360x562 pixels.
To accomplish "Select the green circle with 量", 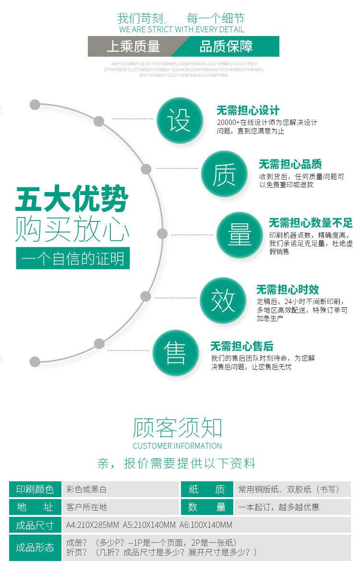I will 240,235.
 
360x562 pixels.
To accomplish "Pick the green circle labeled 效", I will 223,300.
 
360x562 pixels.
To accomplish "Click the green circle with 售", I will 175,354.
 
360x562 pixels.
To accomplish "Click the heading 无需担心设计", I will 248,110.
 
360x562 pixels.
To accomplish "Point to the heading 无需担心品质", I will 290,164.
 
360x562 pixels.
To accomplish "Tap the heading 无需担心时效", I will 287,290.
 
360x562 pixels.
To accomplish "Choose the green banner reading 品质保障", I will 226,47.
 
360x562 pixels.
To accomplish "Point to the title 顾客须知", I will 177,427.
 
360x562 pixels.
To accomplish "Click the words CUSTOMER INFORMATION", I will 177,446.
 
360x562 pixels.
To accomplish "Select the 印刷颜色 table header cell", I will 35,489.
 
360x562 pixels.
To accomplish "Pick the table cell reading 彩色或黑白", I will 86,489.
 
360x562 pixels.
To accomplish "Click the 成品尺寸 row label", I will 35,525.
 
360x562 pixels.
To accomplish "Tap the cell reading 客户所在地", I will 86,507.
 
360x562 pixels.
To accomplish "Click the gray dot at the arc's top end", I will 35,105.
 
